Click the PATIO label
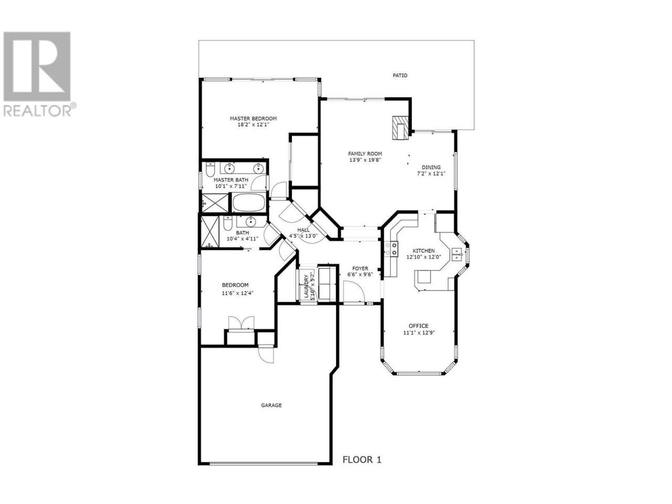(400, 75)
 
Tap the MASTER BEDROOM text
(253, 119)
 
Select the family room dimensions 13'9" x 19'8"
(365, 160)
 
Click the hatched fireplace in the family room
(401, 128)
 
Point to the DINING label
(431, 167)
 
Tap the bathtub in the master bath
(248, 202)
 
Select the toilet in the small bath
(227, 223)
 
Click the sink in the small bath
(251, 221)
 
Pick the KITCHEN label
(423, 250)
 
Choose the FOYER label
(360, 268)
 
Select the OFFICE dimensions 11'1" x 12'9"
(419, 333)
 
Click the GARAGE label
(271, 405)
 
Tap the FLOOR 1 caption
(362, 468)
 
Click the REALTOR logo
(39, 73)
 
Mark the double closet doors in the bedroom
(241, 323)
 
